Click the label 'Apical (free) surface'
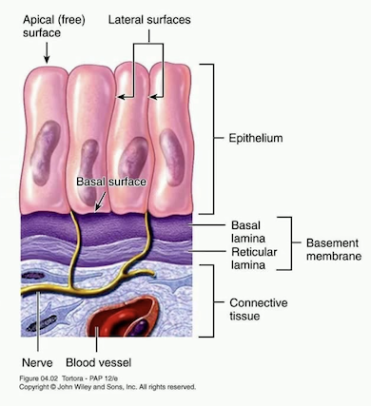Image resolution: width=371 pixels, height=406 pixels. click(x=36, y=26)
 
